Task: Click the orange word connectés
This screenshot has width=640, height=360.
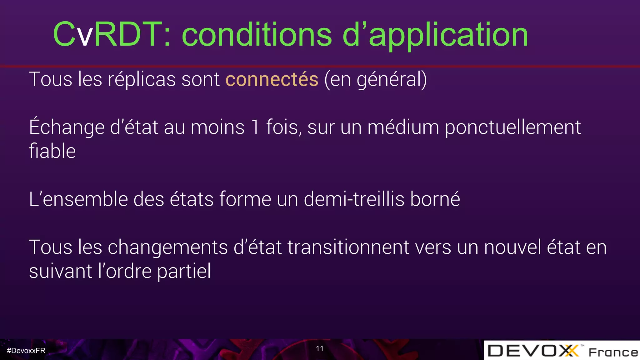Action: click(272, 79)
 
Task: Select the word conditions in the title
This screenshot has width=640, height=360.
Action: click(257, 35)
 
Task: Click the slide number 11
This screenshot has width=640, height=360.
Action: click(320, 348)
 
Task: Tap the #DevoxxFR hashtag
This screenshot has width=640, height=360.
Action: click(26, 351)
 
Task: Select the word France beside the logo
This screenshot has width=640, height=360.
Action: click(613, 352)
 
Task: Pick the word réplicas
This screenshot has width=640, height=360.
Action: click(142, 79)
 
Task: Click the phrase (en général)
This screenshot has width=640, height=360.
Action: click(375, 80)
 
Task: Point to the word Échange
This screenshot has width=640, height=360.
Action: click(67, 127)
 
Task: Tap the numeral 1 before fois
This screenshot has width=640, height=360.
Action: click(255, 127)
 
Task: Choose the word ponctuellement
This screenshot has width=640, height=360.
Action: click(512, 127)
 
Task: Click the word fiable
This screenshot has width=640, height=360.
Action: click(52, 151)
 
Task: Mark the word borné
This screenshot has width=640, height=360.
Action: click(435, 199)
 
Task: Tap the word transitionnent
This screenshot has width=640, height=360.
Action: click(348, 247)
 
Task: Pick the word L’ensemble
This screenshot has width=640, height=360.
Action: click(78, 199)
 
